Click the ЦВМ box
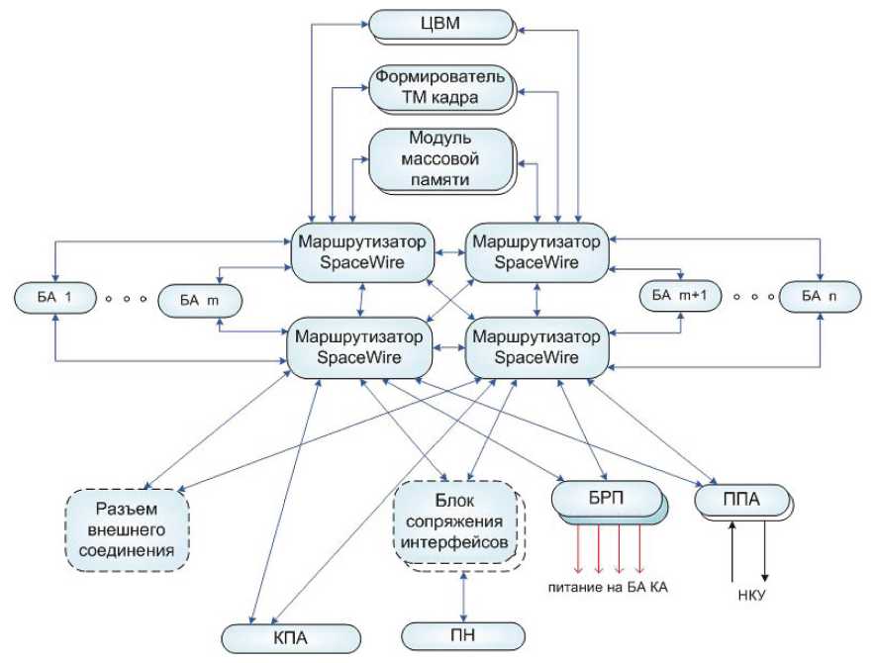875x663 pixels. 440,24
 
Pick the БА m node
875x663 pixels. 201,300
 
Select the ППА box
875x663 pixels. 741,500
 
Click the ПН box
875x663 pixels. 463,636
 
